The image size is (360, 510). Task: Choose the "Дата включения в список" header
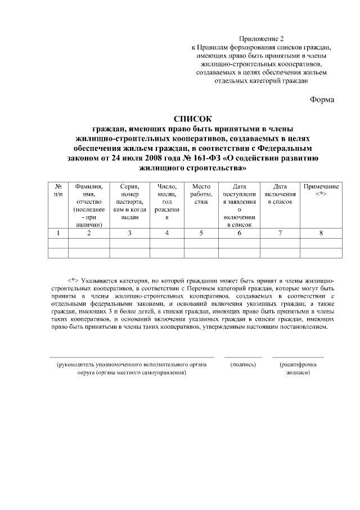point(280,194)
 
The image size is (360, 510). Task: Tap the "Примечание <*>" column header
point(321,190)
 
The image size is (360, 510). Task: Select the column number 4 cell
point(166,233)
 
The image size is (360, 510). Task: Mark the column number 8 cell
point(321,233)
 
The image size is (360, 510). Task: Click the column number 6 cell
point(239,233)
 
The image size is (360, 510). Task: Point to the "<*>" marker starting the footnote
point(73,280)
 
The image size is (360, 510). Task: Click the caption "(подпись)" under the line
point(243,365)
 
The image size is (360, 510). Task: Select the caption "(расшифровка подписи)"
point(298,369)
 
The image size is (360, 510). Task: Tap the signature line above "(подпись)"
point(243,357)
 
